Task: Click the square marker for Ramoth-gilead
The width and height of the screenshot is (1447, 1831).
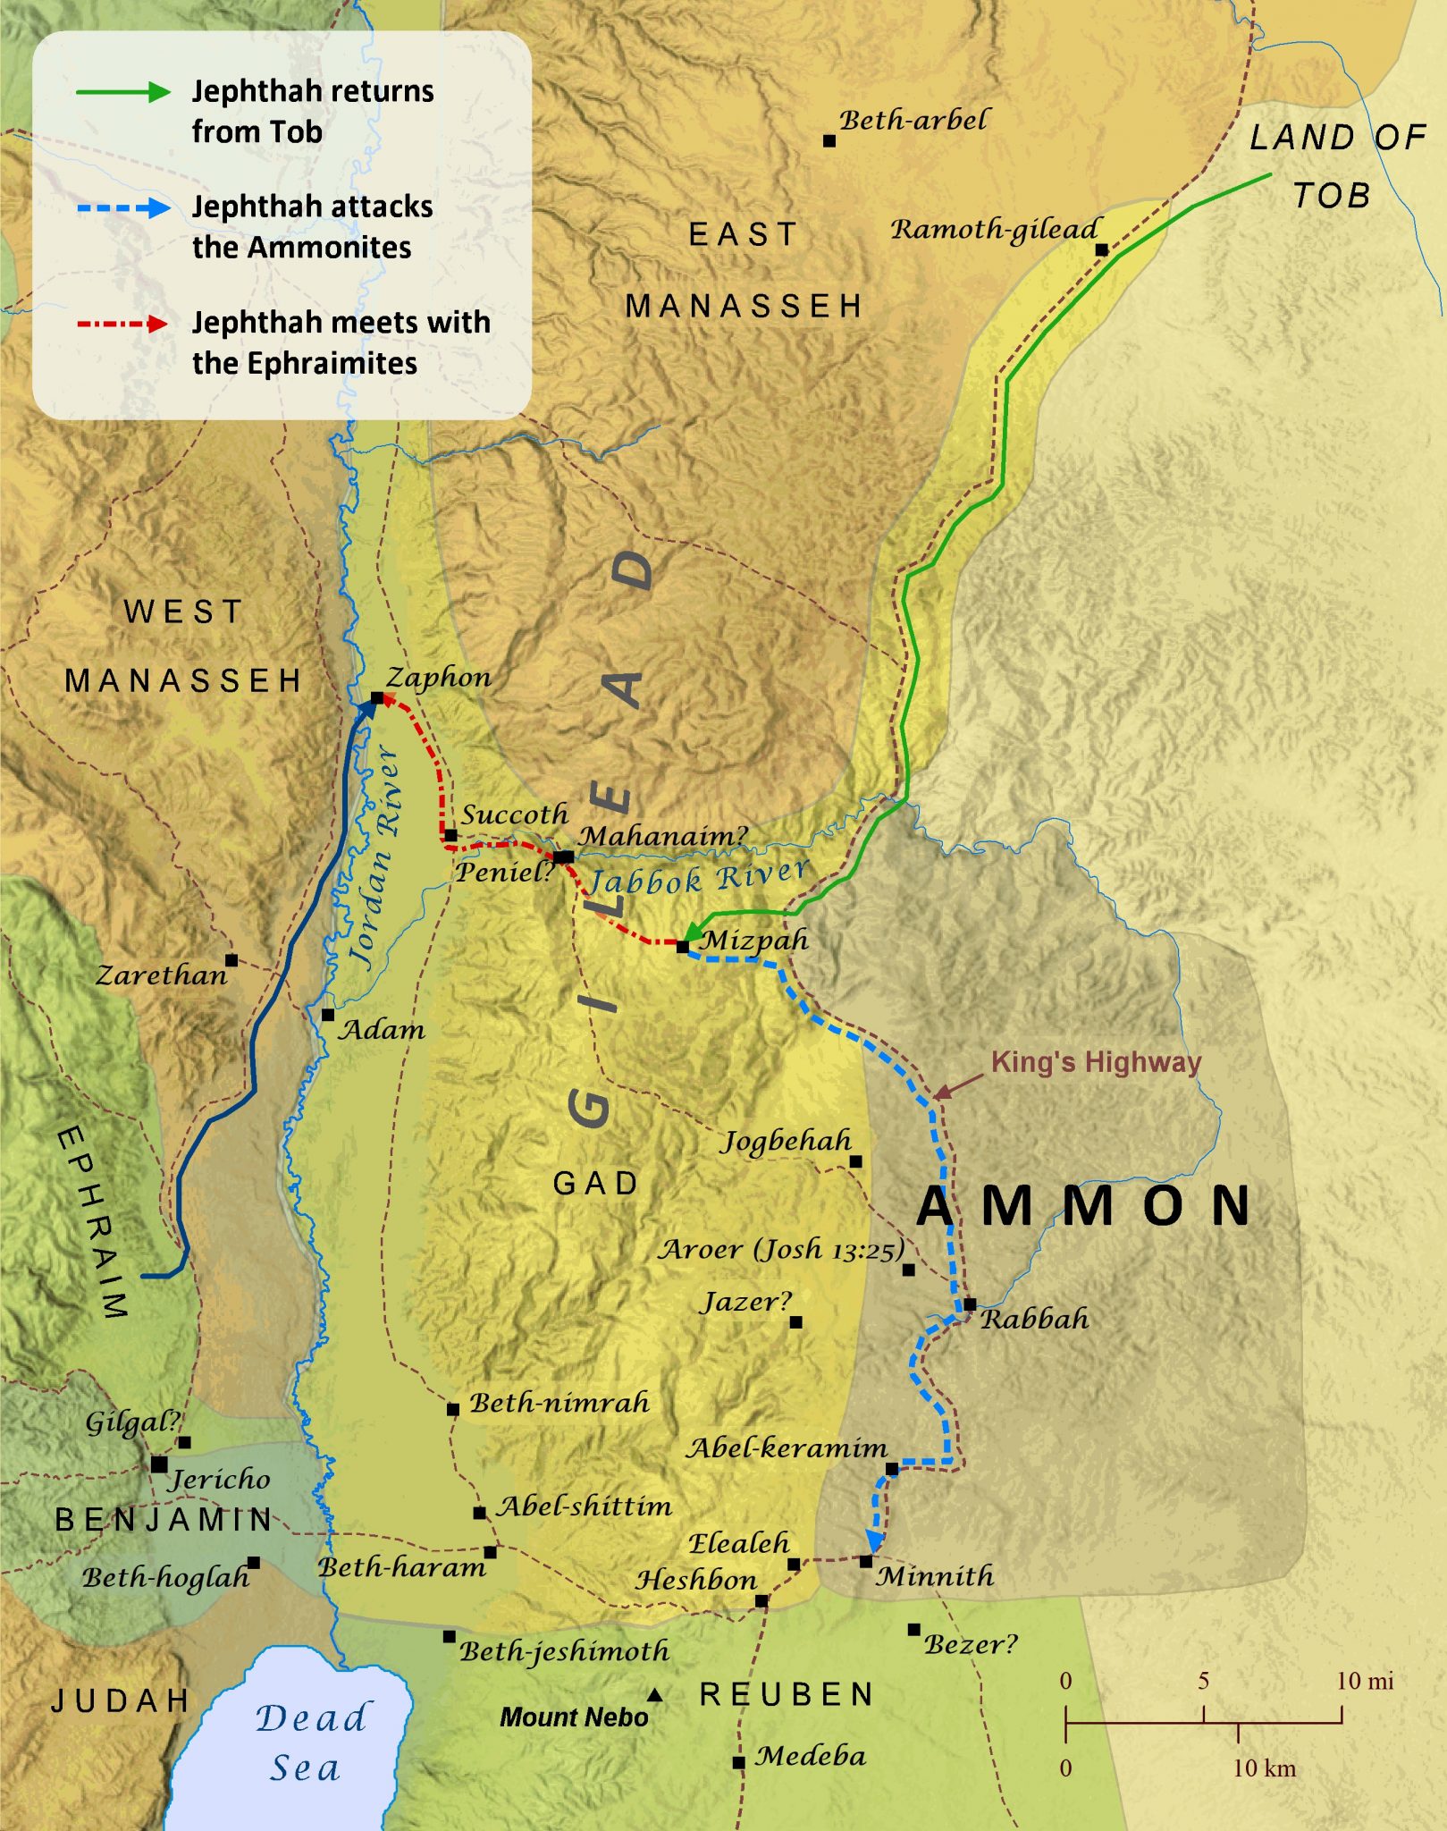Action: coord(1102,250)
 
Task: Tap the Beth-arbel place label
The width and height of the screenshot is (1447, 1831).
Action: coord(913,120)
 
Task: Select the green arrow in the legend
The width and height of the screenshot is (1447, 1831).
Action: coord(123,91)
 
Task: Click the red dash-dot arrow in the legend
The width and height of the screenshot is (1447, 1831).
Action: coord(123,324)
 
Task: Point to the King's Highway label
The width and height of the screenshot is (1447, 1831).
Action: coord(1096,1062)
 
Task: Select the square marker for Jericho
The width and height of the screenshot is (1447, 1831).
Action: coord(159,1464)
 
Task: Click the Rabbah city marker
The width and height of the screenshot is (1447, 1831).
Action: coord(970,1304)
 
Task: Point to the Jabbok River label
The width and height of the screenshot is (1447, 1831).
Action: coord(699,877)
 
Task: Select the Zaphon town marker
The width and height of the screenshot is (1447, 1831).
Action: coord(377,697)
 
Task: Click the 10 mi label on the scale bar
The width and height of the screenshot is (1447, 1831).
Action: coord(1364,1681)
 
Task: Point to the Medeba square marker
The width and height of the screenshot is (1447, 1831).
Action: coord(738,1763)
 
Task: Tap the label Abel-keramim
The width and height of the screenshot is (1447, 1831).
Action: coord(786,1448)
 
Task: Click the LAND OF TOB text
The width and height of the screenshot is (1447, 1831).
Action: coord(1335,165)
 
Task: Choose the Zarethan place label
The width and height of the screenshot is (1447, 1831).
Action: coord(161,975)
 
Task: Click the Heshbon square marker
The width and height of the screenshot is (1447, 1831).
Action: coord(761,1601)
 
